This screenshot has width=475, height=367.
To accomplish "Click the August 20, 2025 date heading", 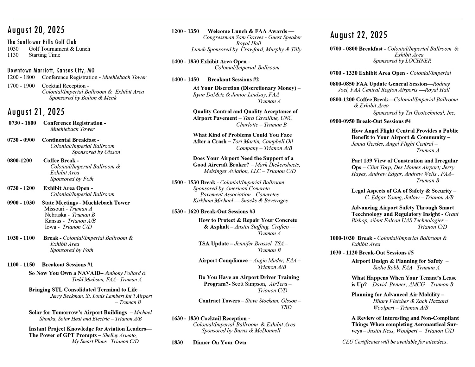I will tap(36, 30).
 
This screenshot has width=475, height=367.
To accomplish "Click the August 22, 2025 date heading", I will tap(359, 35).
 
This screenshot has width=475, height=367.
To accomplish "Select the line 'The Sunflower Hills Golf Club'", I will tap(42, 42).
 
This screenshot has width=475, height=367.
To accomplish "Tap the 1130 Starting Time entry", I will tap(34, 55).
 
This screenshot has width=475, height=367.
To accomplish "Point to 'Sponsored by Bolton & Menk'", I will tap(83, 98).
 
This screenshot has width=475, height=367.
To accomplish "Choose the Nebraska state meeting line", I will tap(70, 215).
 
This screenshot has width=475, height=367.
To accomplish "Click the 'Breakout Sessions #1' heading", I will tap(67, 265).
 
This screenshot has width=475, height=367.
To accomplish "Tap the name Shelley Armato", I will tap(120, 335).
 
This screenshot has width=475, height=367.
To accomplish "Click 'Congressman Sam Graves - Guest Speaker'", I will tap(252, 37).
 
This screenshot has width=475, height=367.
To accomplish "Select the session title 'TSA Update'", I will tap(213, 244).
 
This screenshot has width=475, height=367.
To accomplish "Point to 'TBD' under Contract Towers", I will tap(286, 307).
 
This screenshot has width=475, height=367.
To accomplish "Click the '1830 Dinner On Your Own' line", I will tap(209, 343).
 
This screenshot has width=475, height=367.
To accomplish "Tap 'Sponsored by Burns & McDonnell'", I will tap(241, 331).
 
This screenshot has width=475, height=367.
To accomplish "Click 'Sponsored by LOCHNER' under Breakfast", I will tap(402, 61).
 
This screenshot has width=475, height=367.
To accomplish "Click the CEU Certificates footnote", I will tap(395, 342).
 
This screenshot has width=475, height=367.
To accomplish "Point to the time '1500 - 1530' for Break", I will tap(185, 183).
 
